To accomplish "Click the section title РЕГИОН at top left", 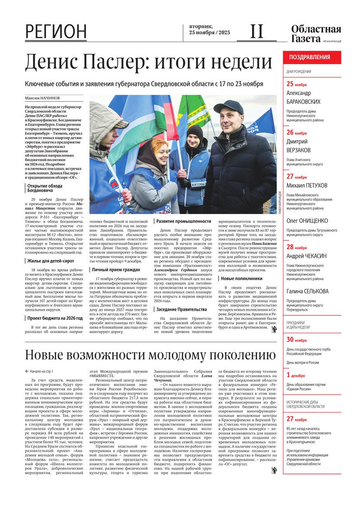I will click(56, 31).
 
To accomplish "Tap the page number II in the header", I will click(256, 31).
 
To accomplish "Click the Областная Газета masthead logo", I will click(316, 34).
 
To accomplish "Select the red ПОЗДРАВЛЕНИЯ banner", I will click(312, 57).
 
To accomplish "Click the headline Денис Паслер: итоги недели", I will click(148, 62).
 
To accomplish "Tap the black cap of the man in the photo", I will click(228, 106).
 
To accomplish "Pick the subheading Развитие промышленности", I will click(184, 221).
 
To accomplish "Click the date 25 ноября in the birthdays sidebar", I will click(297, 84).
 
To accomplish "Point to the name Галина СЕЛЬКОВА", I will click(307, 291).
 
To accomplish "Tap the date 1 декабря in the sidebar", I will click(296, 375).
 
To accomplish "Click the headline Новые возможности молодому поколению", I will click(150, 355).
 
